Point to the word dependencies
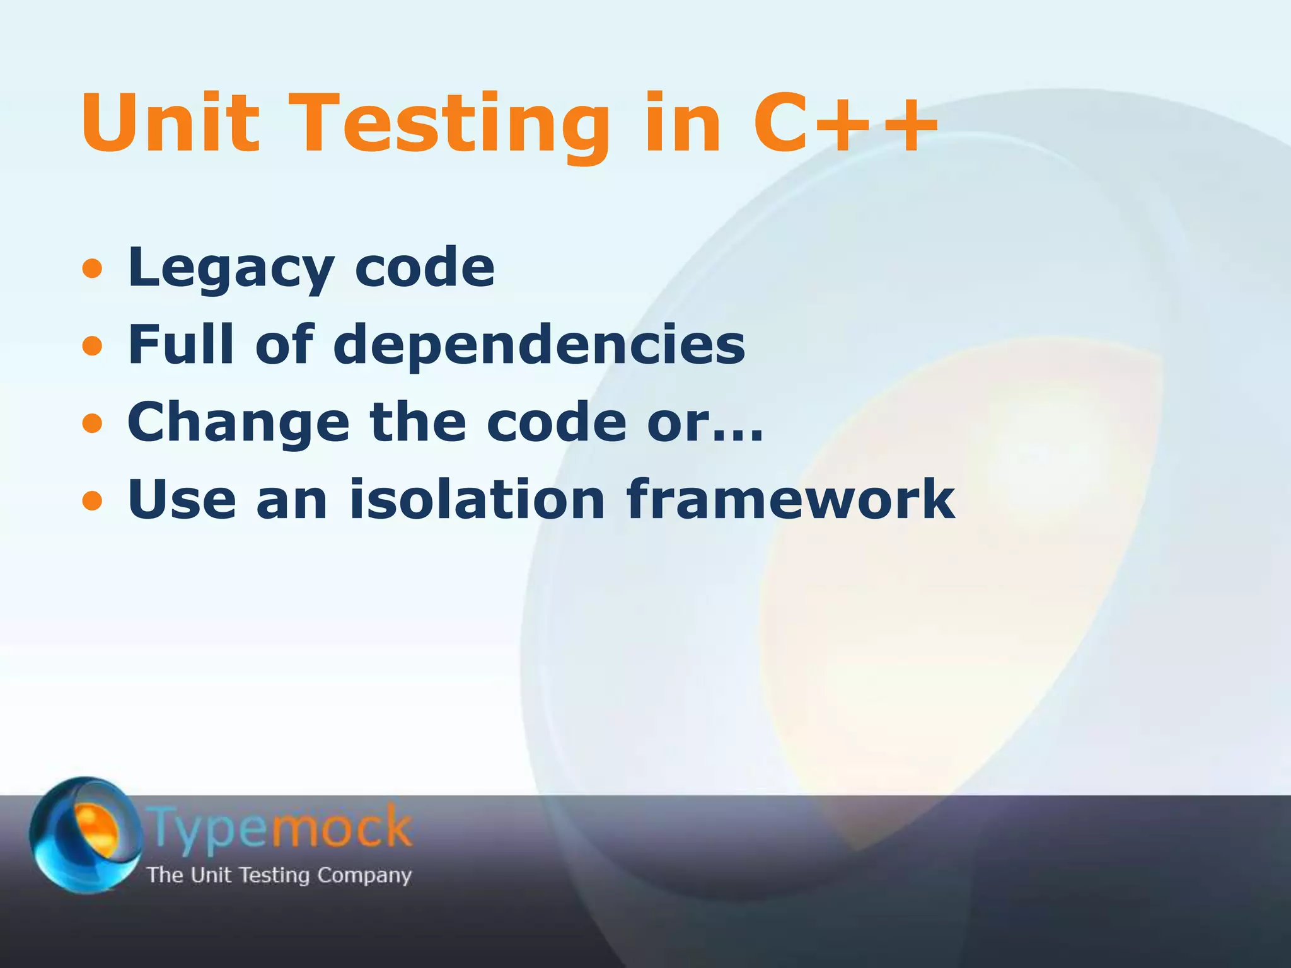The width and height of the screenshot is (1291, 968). coord(539,346)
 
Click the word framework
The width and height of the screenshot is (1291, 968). coord(791,499)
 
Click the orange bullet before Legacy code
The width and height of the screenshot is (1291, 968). coord(92,269)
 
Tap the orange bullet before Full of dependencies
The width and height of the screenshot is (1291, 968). coord(92,346)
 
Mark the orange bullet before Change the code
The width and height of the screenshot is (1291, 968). coord(92,423)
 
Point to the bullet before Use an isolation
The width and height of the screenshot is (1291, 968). coord(92,501)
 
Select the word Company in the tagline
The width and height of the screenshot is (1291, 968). coord(364,875)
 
